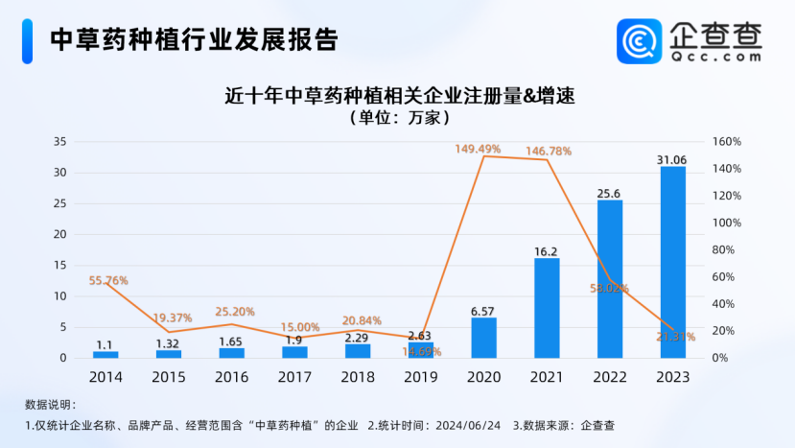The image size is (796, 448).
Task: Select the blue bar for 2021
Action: click(547, 308)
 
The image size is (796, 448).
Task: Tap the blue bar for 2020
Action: click(484, 338)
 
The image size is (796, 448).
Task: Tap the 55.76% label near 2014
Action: click(108, 281)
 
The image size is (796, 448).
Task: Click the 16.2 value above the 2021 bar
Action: click(547, 251)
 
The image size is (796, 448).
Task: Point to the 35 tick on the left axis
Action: click(59, 142)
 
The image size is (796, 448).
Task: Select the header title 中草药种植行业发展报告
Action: click(194, 39)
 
